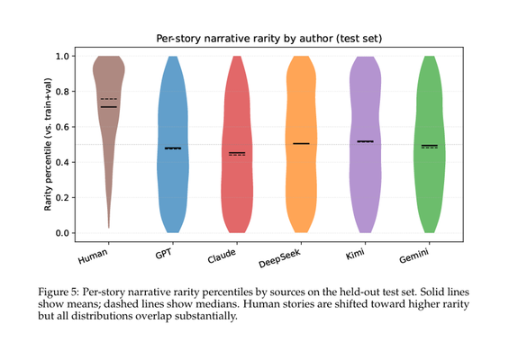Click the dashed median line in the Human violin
(109, 99)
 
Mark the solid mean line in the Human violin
(109, 107)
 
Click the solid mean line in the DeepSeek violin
(301, 143)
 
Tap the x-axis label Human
(93, 256)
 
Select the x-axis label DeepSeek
(280, 258)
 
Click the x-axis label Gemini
(414, 256)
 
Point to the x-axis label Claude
(222, 256)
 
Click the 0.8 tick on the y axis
(73, 92)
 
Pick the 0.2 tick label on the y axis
(62, 198)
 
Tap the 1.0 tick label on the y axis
(62, 56)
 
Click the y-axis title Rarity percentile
(49, 144)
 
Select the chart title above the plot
(269, 39)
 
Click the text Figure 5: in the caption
(59, 292)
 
